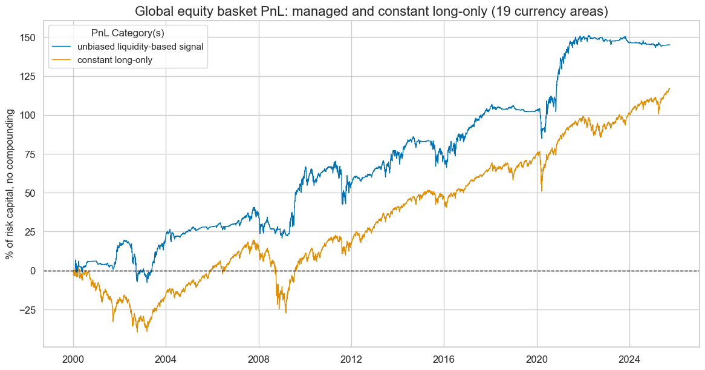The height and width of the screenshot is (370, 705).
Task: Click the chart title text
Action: (371, 11)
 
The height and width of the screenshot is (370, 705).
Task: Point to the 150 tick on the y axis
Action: (28, 38)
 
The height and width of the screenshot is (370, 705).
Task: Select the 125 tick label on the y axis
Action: (28, 76)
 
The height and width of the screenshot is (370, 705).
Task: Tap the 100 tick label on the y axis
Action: (28, 115)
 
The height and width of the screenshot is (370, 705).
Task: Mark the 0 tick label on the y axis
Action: (33, 271)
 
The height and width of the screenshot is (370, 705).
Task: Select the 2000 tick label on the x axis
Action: (73, 357)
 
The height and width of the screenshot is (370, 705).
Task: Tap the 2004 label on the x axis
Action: (166, 357)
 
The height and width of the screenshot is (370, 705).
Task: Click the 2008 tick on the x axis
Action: (259, 357)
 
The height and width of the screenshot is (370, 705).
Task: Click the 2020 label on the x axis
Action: (537, 357)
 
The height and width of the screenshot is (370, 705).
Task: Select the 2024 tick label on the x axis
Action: (629, 357)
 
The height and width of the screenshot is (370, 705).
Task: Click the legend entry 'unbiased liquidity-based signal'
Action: (145, 47)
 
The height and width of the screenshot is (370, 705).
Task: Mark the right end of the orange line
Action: (669, 88)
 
